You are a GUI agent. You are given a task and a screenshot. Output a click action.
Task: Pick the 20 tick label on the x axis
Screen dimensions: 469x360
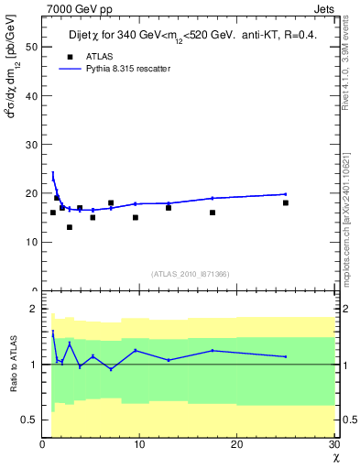click(236, 444)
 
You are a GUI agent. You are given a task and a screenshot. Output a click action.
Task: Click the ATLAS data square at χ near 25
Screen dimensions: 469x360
click(286, 202)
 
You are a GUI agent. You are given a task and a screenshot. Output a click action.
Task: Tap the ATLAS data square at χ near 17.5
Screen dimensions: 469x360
click(213, 213)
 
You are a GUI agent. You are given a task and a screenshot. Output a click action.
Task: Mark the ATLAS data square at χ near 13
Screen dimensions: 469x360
click(169, 208)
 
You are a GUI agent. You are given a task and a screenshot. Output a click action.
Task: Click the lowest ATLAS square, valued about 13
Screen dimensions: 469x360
click(69, 227)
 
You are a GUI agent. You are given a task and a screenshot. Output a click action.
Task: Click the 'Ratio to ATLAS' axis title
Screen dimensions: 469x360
click(13, 364)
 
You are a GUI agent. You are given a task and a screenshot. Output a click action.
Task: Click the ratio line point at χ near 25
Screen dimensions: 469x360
click(286, 357)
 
